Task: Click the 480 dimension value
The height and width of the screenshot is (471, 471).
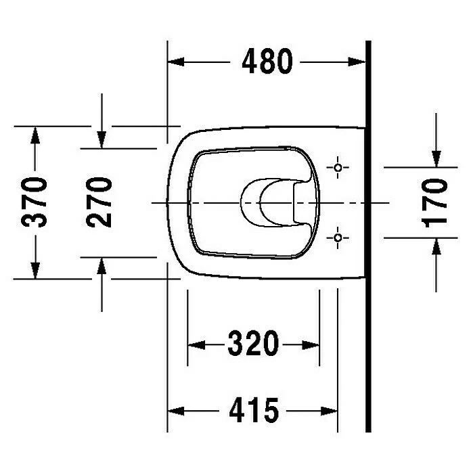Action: pyautogui.click(x=267, y=62)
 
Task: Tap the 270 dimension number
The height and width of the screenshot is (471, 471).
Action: pyautogui.click(x=99, y=202)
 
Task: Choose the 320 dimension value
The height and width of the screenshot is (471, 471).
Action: pyautogui.click(x=253, y=344)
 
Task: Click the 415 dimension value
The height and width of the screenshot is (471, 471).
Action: pyautogui.click(x=253, y=410)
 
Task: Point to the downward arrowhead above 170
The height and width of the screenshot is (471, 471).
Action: pyautogui.click(x=435, y=157)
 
